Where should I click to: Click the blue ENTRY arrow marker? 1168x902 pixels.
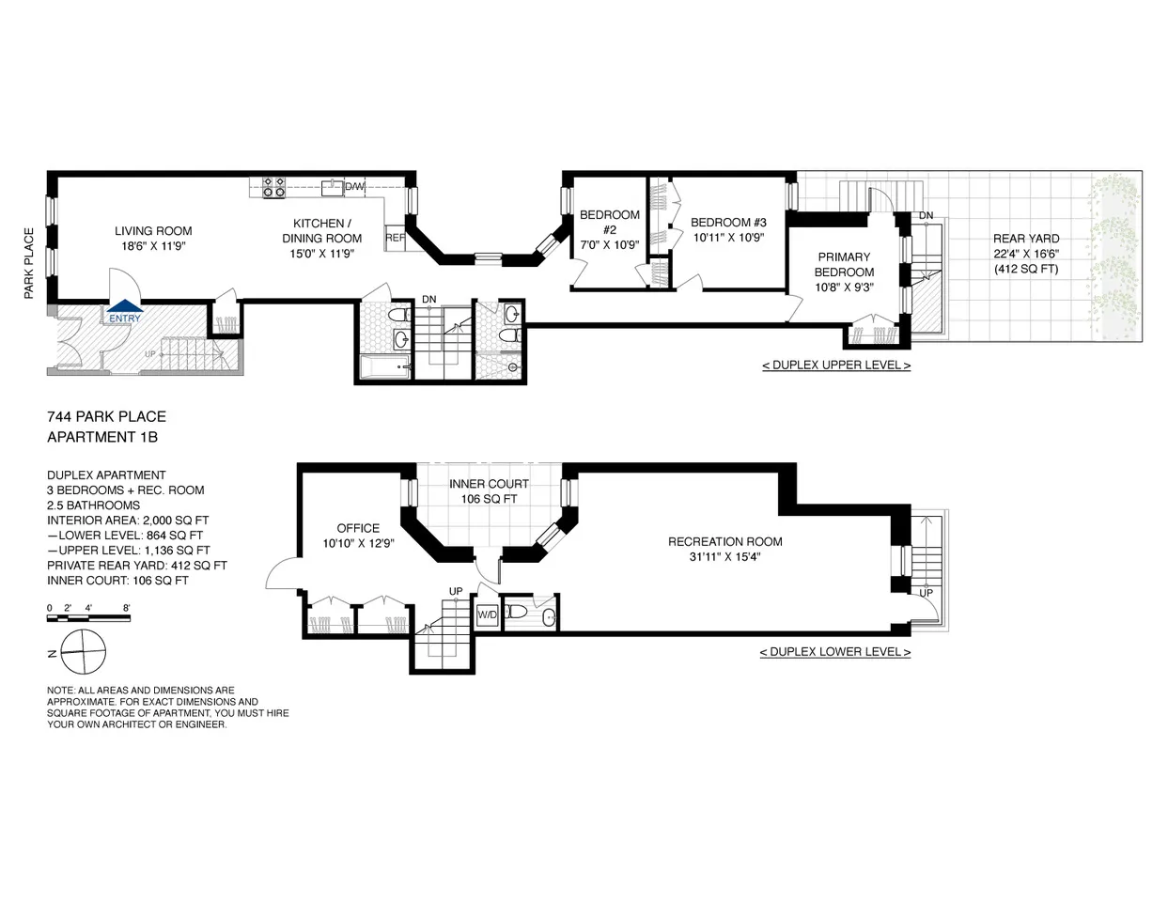124,305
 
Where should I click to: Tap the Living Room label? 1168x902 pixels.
153,231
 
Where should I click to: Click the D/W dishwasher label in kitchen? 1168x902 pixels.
354,187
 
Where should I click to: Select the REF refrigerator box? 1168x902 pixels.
395,239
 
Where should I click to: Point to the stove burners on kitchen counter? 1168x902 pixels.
273,186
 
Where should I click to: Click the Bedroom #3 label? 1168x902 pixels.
728,223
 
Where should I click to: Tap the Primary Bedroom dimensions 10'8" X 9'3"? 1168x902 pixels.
845,288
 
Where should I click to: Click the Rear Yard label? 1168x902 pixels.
1026,239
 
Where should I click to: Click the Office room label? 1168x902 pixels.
358,528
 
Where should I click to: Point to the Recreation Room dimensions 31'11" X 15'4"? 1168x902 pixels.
724,556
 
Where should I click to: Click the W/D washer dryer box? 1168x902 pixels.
488,615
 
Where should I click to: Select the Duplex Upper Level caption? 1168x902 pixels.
835,365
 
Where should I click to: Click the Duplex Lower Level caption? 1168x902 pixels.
834,651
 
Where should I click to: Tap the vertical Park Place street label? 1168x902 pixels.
29,264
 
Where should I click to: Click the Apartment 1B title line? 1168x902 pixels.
91,437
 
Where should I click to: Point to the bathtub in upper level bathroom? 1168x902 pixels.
385,367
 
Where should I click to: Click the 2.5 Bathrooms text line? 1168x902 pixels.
93,505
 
